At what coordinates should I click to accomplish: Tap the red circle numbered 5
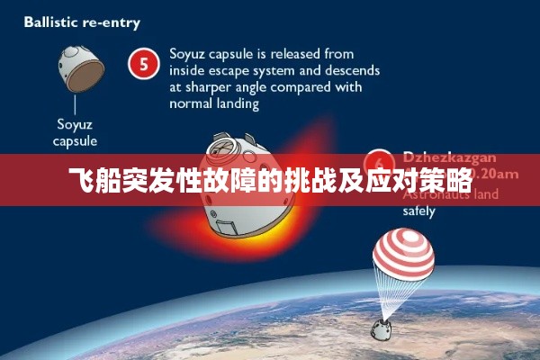141,64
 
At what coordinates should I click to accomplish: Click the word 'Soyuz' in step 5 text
189,53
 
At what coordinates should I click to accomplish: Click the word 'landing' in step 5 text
236,103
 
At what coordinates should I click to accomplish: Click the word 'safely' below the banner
419,212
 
